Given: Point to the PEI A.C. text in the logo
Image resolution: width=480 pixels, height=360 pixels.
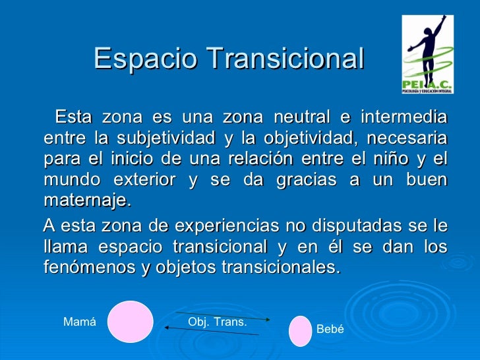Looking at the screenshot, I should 428,84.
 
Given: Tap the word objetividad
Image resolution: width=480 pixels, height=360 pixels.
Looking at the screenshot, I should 302,139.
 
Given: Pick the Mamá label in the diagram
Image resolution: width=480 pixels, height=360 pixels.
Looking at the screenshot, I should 79,322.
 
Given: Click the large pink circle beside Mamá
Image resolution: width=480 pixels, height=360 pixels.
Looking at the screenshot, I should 131,322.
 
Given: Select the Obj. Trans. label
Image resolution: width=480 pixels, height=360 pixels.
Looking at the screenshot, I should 218,322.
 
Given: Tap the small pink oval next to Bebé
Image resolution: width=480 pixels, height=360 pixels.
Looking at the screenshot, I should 300,331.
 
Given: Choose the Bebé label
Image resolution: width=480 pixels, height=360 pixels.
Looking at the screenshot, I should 330,329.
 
